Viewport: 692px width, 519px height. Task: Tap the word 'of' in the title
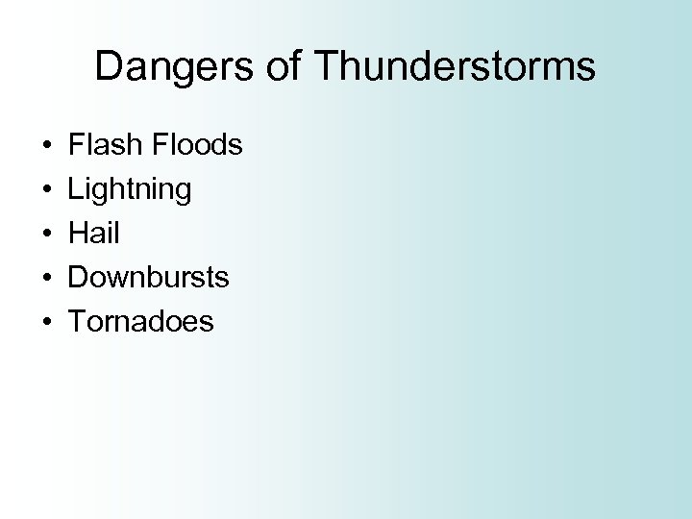point(284,66)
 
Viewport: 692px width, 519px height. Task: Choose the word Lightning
point(130,189)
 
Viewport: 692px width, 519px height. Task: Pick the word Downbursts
point(148,278)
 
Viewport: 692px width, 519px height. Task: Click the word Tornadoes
point(141,322)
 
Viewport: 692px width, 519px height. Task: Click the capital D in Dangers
point(109,66)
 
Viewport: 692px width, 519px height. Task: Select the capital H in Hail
point(77,234)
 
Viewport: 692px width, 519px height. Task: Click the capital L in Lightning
point(75,189)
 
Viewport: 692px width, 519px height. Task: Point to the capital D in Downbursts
point(78,278)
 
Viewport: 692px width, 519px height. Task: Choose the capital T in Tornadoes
point(76,322)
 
